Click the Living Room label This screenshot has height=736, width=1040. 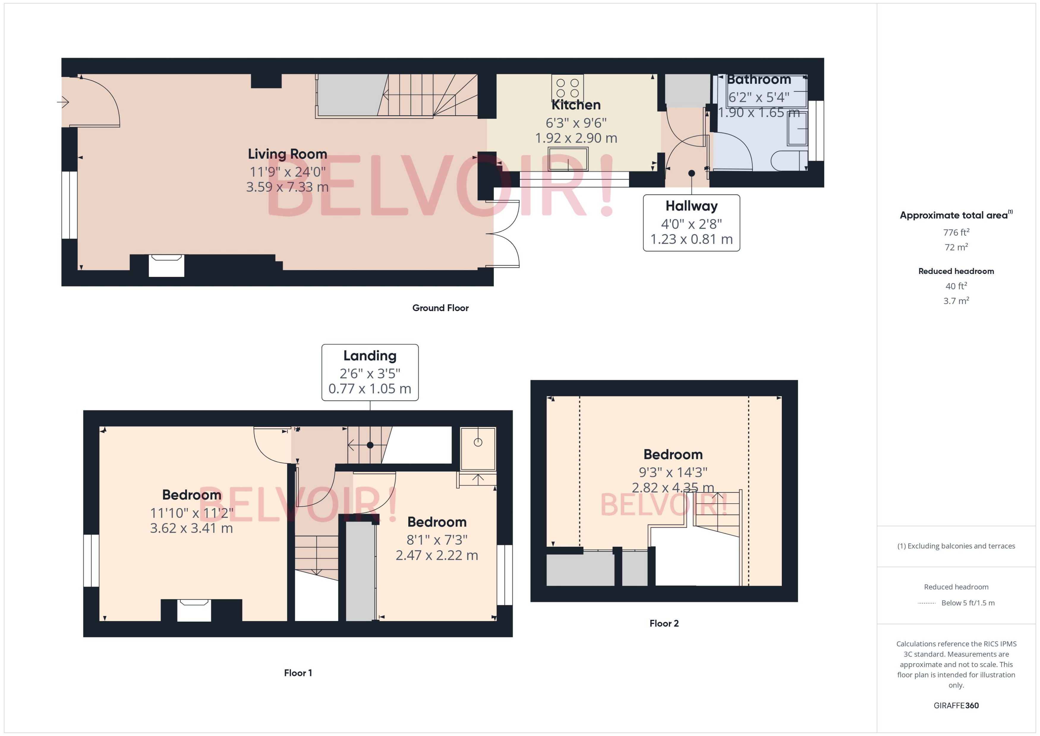pyautogui.click(x=287, y=154)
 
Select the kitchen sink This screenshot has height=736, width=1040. pyautogui.click(x=568, y=159)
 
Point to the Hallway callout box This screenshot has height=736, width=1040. pyautogui.click(x=691, y=223)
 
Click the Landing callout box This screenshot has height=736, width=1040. pyautogui.click(x=370, y=373)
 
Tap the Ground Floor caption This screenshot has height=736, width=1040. pyautogui.click(x=440, y=308)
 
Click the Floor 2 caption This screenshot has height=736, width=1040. pyautogui.click(x=664, y=623)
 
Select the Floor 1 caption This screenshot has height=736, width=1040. pyautogui.click(x=298, y=673)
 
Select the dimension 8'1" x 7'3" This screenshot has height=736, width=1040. pyautogui.click(x=437, y=540)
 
